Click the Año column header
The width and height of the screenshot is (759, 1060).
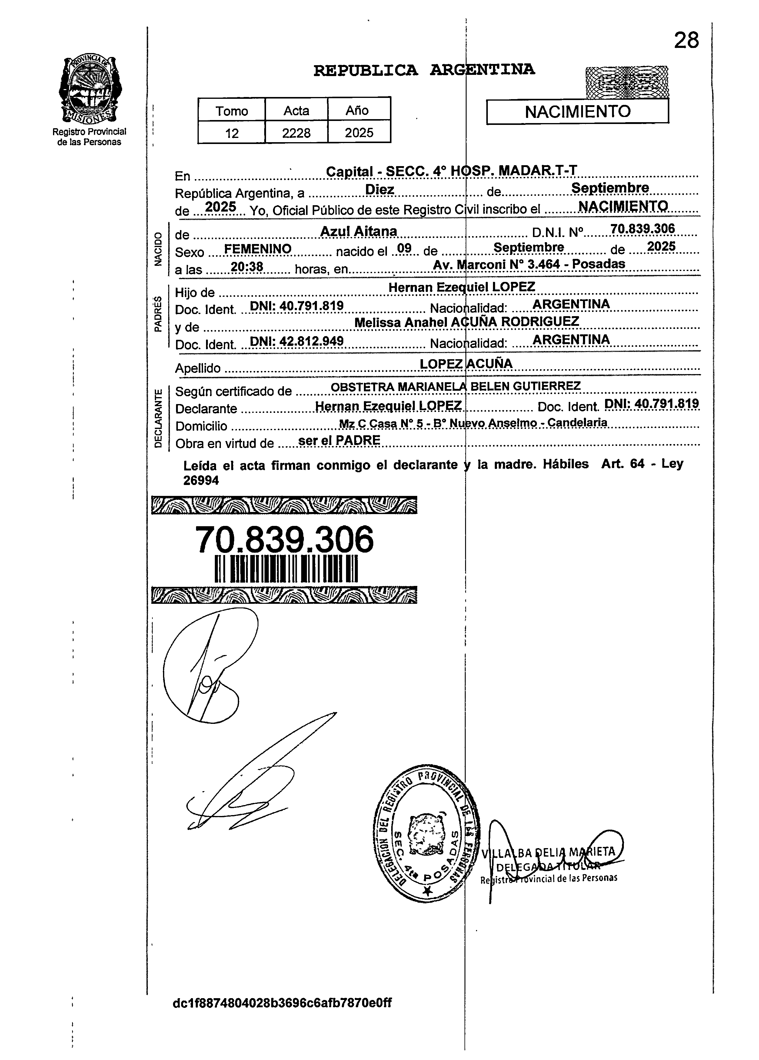[357, 111]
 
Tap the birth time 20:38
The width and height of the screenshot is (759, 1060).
[247, 267]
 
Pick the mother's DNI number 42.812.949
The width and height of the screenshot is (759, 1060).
[297, 341]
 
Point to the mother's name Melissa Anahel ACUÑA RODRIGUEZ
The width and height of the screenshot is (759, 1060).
[467, 322]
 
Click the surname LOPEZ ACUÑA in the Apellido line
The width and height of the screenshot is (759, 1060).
[466, 364]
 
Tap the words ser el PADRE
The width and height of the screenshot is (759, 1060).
[339, 440]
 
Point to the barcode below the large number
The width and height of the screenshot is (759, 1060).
[286, 569]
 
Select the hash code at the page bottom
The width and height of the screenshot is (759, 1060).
[282, 1003]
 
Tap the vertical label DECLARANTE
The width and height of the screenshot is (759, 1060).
[159, 418]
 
